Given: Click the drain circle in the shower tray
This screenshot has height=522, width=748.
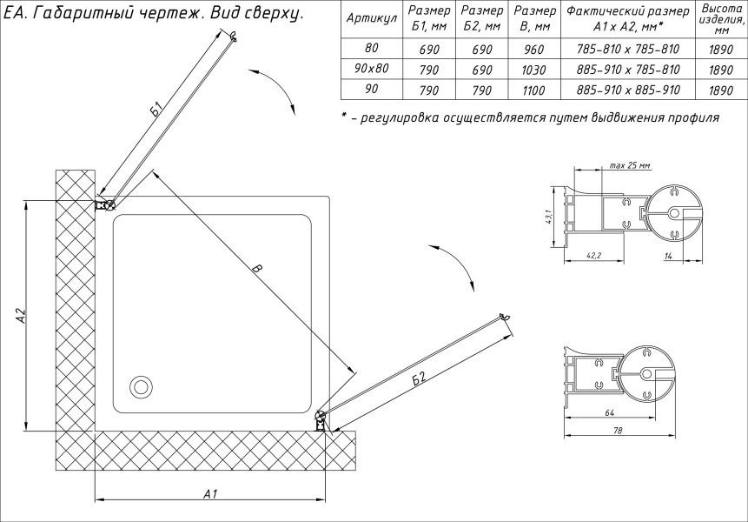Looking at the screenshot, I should tap(139, 386).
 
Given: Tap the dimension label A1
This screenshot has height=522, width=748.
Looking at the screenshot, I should tap(209, 493).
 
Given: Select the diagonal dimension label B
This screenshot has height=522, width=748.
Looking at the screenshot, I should tap(255, 271).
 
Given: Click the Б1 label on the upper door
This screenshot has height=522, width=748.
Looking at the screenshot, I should tap(156, 109).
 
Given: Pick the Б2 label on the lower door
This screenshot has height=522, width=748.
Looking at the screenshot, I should tap(420, 378).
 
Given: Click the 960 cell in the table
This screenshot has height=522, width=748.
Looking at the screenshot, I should tap(533, 50).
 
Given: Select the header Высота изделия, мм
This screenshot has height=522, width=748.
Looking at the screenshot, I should tap(718, 19).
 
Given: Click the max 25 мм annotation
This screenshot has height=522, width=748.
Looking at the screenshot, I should tap(630, 165).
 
